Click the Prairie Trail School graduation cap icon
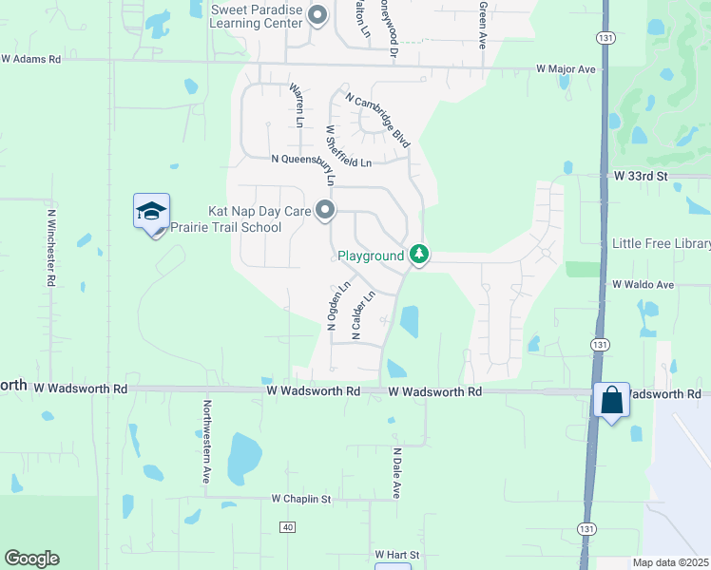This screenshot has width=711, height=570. coord(151,211)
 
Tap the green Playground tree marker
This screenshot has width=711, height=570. coord(418,255)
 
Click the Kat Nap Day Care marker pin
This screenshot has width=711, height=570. coord(325,211)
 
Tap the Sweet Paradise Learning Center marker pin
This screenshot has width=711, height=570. coord(317,14)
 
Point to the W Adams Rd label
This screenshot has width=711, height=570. coord(30,59)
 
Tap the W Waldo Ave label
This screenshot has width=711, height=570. coord(643,285)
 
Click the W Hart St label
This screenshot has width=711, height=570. coord(396,554)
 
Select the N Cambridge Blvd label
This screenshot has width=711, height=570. coord(378,120)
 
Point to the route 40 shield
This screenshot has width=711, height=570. coord(288,526)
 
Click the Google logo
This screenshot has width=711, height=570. coord(31,559)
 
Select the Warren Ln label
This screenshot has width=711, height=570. coord(297,105)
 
